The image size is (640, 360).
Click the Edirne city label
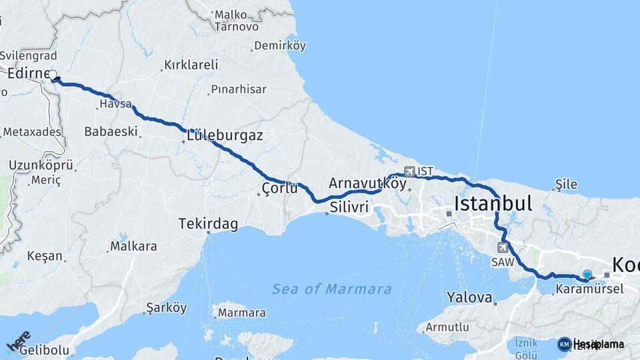click(25, 73)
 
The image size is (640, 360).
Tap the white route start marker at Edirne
click(53, 75)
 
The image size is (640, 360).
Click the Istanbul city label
click(493, 203)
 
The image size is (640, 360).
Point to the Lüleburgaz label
click(225, 135)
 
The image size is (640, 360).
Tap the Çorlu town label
click(280, 189)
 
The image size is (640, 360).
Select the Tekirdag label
click(208, 224)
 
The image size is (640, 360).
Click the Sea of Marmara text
click(331, 289)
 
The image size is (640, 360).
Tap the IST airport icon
click(409, 171)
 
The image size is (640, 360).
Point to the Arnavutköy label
click(367, 183)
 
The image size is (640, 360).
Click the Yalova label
click(469, 297)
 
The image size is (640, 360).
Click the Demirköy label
click(282, 46)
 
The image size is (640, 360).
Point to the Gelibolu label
click(45, 350)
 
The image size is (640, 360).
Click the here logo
click(18, 341)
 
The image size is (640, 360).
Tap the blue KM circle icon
click(564, 344)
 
